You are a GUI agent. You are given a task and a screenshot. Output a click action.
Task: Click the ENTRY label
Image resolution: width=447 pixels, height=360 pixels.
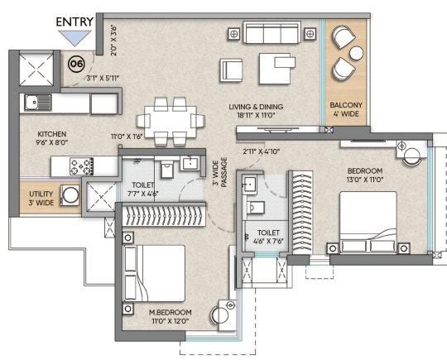(x=74, y=22)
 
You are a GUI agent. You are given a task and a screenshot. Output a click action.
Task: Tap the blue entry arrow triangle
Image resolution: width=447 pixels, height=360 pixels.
(x=74, y=37)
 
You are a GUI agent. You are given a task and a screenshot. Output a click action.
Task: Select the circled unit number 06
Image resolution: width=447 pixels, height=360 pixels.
(x=76, y=64)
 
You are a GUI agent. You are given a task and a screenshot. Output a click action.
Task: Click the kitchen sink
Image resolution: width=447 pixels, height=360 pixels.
(x=37, y=103)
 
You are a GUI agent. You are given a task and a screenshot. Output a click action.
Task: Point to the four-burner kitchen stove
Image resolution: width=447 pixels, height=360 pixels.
(x=81, y=166)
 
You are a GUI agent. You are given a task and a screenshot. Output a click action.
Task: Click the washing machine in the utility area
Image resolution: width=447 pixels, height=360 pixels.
(x=70, y=195)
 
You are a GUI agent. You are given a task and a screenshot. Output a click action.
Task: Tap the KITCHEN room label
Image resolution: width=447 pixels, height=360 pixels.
(x=52, y=134)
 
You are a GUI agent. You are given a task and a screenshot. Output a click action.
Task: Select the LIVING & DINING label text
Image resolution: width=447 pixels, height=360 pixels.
(x=256, y=107)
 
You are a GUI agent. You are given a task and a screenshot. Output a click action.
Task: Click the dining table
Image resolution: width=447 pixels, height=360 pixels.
(x=171, y=122)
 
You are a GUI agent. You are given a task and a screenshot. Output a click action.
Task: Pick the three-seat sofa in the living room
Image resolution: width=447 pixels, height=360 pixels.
(x=272, y=32)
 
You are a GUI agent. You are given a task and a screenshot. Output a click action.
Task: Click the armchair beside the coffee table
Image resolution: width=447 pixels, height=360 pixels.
(x=231, y=70)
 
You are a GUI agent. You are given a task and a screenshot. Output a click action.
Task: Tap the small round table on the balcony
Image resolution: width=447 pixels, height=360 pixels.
(x=356, y=53)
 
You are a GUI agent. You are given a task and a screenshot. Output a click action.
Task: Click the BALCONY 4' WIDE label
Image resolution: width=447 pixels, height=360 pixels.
(x=346, y=109)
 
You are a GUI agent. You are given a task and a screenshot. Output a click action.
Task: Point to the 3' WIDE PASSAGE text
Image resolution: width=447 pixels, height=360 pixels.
(x=220, y=172)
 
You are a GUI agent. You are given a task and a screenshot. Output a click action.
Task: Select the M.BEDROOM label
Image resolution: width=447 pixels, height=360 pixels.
(x=171, y=312)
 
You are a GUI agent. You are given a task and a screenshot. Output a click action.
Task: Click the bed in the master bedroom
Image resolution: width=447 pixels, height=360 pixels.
(x=154, y=273)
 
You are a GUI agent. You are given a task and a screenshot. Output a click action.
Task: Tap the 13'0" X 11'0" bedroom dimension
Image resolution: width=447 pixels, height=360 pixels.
(x=365, y=180)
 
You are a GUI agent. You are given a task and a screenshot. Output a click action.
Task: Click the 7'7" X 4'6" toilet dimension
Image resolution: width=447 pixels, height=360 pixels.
(x=143, y=194)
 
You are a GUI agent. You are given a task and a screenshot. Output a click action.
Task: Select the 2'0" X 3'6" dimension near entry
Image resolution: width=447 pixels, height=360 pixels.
(x=113, y=41)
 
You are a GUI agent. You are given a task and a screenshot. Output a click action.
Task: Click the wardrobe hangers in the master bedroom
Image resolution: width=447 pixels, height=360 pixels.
(x=164, y=216)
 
